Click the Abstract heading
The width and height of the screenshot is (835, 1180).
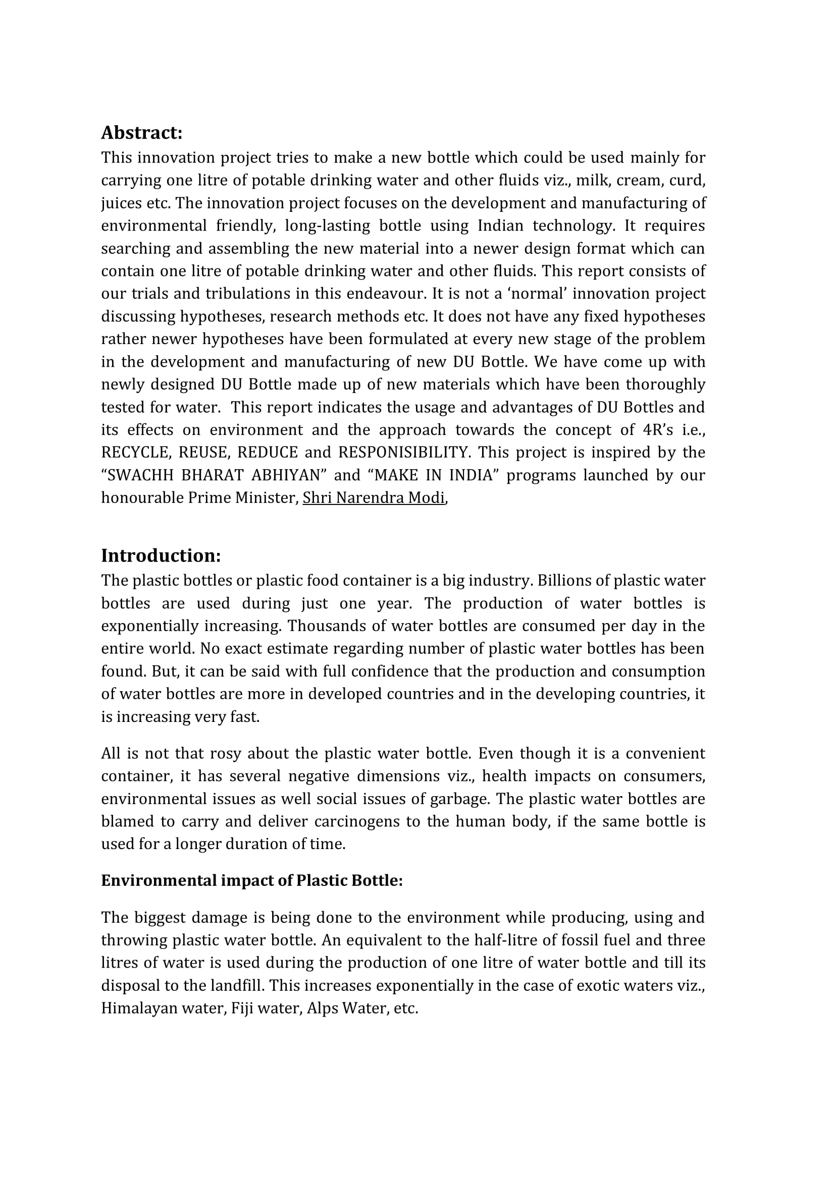141,133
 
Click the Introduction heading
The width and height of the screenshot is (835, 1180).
161,555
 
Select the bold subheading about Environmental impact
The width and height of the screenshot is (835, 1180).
251,880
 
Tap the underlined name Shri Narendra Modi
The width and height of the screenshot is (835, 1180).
373,498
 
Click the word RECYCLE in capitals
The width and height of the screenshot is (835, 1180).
135,453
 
